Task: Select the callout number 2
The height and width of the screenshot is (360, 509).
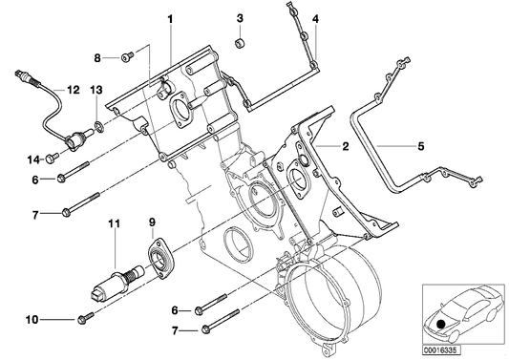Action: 346,146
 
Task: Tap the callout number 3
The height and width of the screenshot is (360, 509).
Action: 240,19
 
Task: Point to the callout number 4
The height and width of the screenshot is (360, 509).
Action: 316,19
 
